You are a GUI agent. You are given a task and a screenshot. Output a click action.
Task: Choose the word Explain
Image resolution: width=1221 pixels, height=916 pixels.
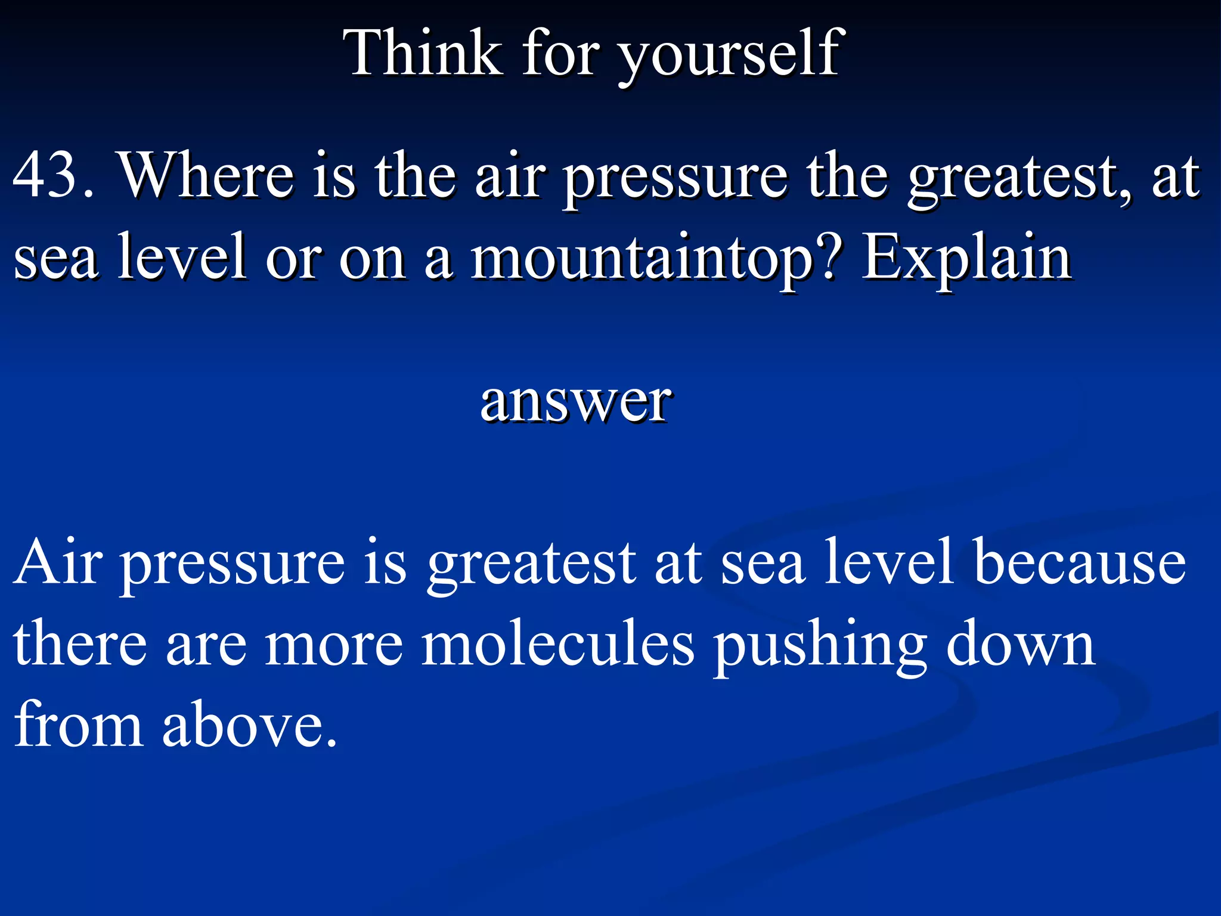pos(966,258)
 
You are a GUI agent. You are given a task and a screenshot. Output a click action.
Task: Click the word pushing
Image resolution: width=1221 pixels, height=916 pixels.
pos(819,645)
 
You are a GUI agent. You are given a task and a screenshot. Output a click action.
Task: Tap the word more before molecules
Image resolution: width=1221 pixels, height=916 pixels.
pos(334,645)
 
